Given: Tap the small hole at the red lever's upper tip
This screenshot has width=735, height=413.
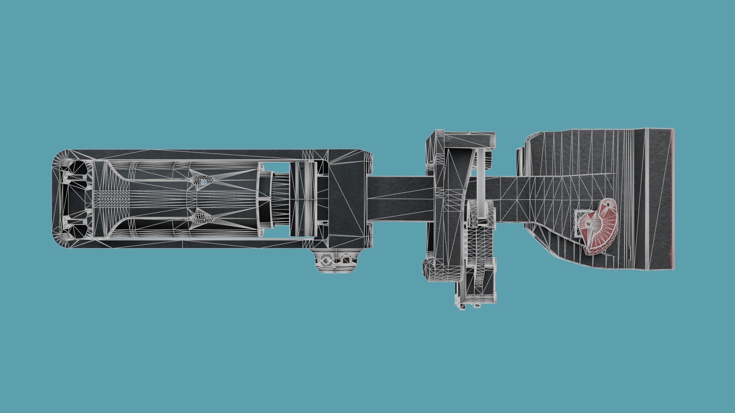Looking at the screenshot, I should pyautogui.click(x=606, y=204).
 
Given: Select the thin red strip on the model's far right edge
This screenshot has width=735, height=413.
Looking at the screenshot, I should pyautogui.click(x=672, y=199).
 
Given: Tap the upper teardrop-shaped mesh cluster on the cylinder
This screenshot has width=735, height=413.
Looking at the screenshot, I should pyautogui.click(x=200, y=179).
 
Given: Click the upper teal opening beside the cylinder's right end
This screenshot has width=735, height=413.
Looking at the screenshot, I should pyautogui.click(x=276, y=167).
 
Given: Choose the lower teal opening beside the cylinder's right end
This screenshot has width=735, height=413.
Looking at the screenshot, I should pyautogui.click(x=276, y=230).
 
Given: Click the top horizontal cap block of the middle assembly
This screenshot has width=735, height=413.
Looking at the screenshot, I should pyautogui.click(x=469, y=138).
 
